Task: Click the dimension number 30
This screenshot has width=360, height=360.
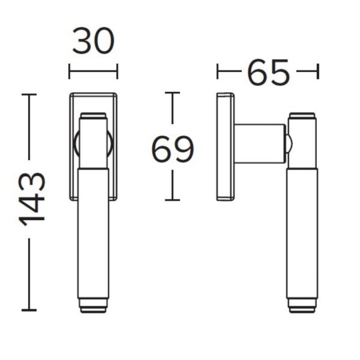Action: click(93, 41)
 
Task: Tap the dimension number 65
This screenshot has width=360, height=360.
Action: click(268, 71)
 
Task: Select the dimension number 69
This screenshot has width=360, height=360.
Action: click(173, 149)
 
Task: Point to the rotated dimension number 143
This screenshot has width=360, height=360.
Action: click(31, 199)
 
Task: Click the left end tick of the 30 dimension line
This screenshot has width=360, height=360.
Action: click(69, 71)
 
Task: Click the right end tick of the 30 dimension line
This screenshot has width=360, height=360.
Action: click(117, 71)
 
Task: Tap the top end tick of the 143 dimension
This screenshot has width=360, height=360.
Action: click(29, 94)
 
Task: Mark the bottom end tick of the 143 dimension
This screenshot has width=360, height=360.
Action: click(29, 310)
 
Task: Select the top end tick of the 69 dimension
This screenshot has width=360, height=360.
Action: click(172, 92)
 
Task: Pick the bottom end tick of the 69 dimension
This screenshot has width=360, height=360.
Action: click(172, 200)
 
